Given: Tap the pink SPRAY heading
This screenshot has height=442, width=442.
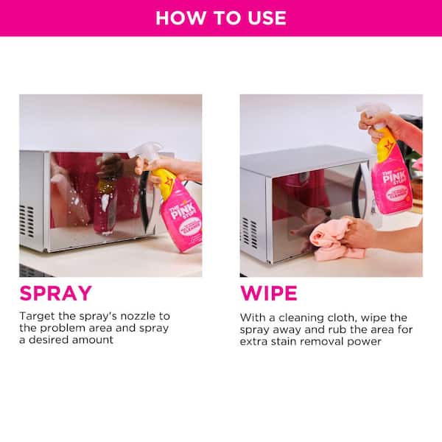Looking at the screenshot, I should point(55,293).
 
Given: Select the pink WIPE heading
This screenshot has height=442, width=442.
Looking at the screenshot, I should point(269,293).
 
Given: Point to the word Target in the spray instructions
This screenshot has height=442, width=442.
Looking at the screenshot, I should point(37,316).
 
